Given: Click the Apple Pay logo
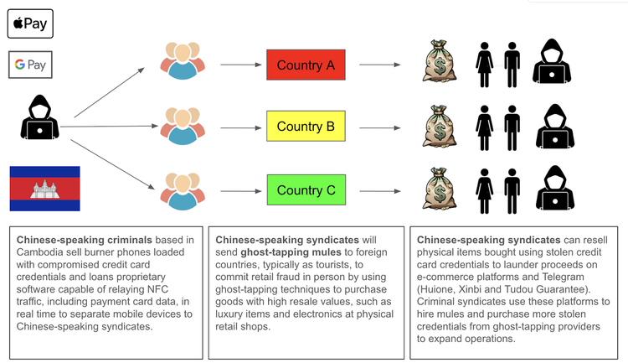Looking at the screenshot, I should (x=30, y=23).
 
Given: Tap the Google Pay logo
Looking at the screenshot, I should (x=30, y=65).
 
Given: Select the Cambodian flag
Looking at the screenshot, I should (x=44, y=189).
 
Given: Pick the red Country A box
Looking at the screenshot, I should (x=306, y=65).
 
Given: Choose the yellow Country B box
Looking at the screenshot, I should (x=306, y=127).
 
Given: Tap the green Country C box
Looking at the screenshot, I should (x=306, y=190).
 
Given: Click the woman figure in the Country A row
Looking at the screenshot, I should (x=484, y=63).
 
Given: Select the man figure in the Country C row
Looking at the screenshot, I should (x=511, y=188).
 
